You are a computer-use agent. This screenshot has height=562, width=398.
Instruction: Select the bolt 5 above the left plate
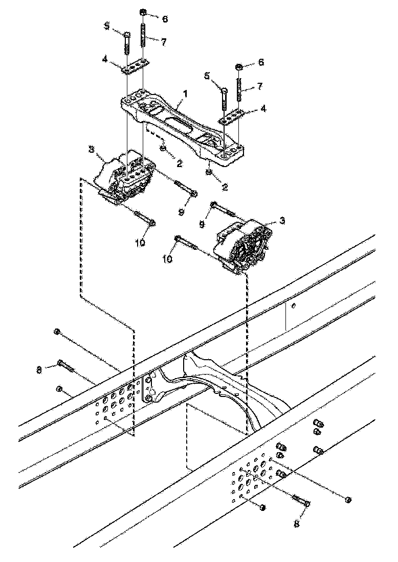pos(126,43)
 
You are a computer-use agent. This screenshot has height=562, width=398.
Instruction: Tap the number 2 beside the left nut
pos(180,162)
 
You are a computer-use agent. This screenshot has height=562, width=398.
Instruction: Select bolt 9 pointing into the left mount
pos(185,188)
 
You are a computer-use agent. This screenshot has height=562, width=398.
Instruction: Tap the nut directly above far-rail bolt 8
pos(57,332)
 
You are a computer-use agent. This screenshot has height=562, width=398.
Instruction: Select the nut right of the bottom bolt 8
pos(348,499)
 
